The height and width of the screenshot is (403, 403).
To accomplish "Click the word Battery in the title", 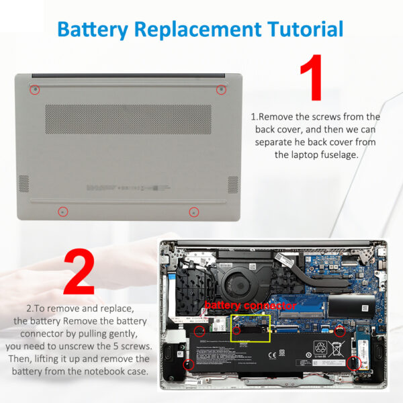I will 92,29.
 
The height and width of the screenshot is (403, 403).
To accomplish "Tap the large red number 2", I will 79,272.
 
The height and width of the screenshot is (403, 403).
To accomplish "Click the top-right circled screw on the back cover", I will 220,89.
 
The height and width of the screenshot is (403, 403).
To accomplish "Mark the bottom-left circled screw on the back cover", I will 62,211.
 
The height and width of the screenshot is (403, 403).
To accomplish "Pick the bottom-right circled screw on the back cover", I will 193,212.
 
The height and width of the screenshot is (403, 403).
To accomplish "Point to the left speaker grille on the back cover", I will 24,183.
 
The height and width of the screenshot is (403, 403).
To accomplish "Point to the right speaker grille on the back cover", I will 233,184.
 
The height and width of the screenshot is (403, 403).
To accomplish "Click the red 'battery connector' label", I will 241,306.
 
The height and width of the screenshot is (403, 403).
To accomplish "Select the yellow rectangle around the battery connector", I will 250,326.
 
